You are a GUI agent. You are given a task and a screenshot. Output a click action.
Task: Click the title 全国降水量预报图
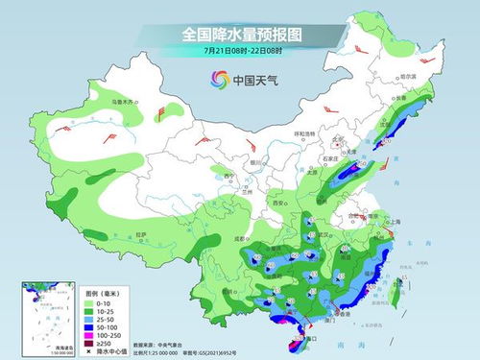240,34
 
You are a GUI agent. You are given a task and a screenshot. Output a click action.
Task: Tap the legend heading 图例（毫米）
104,293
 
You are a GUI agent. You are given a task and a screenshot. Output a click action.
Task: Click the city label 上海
392,219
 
